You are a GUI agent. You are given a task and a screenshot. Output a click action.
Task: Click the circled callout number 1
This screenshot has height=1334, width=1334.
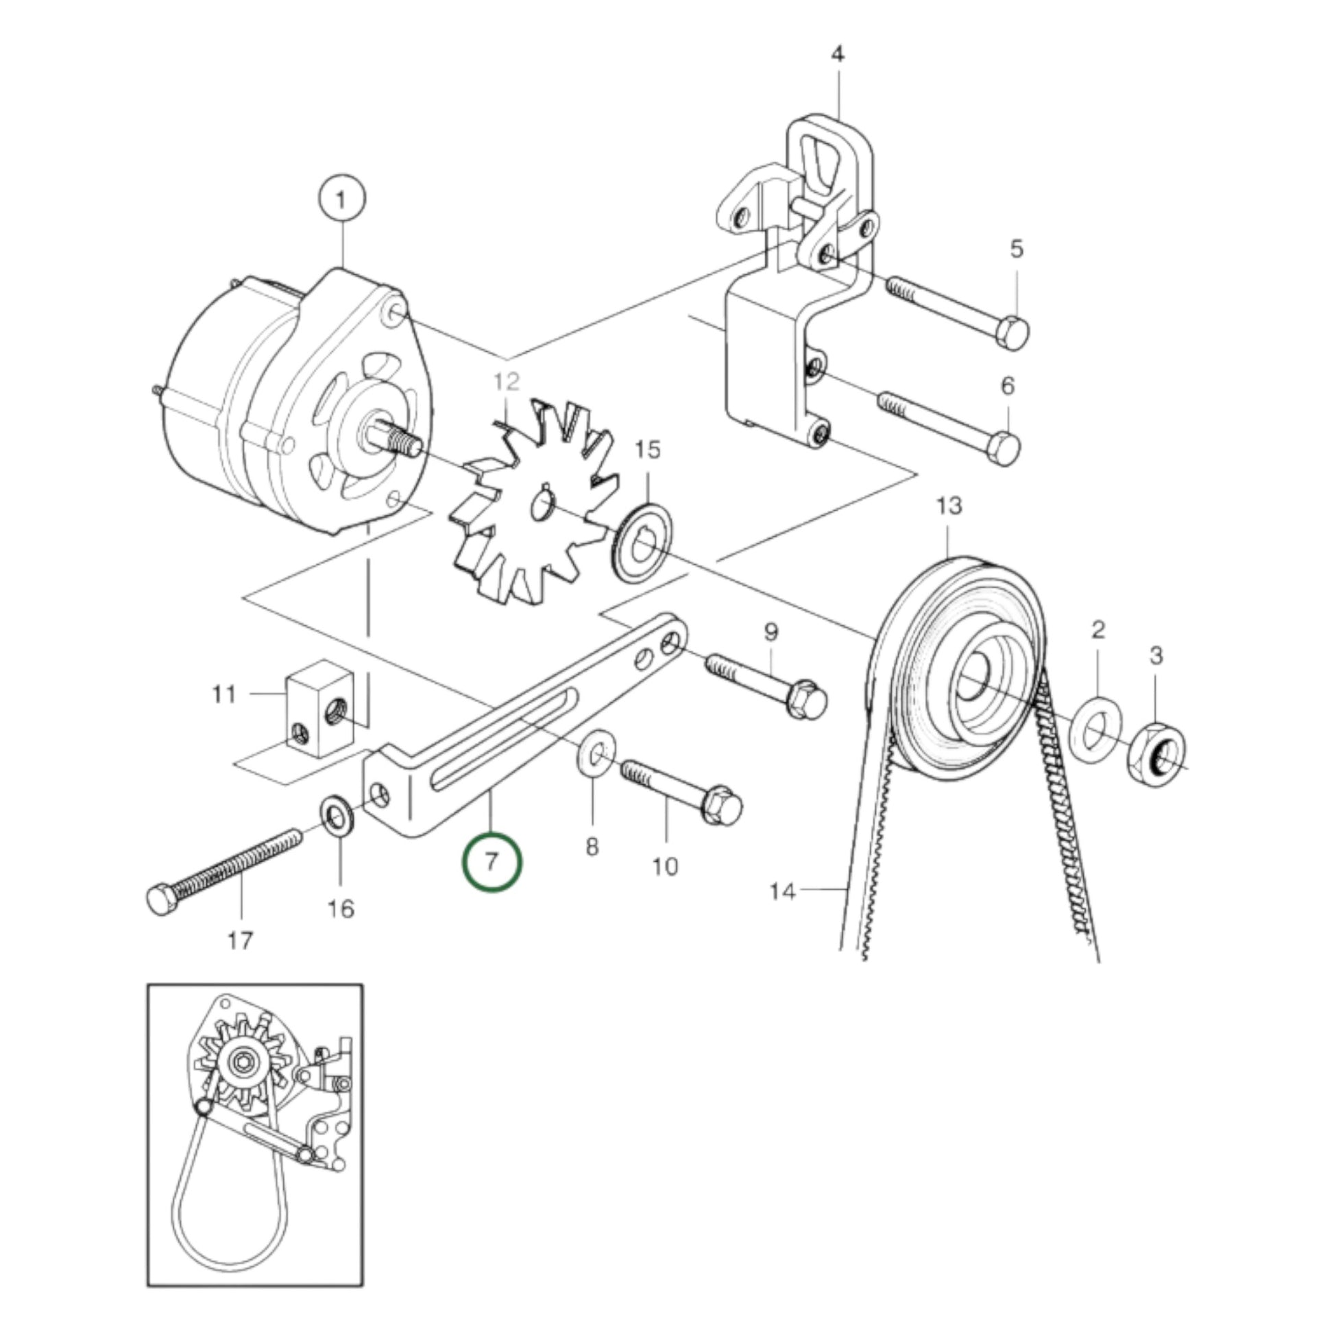pyautogui.click(x=341, y=200)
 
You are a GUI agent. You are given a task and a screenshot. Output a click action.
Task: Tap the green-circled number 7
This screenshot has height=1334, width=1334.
pyautogui.click(x=492, y=862)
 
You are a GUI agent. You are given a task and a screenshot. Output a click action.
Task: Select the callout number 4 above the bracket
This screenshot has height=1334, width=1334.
pyautogui.click(x=838, y=55)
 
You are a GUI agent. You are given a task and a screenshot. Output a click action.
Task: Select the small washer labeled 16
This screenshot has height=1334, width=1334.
pyautogui.click(x=339, y=818)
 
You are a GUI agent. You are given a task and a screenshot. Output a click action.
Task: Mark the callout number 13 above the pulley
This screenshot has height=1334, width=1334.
pyautogui.click(x=949, y=506)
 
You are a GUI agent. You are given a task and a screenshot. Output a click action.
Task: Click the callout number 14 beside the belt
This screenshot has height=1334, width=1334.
pyautogui.click(x=782, y=891)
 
